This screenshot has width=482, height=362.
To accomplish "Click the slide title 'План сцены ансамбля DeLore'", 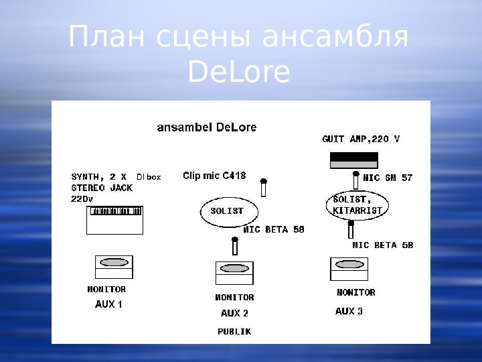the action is [x=238, y=54].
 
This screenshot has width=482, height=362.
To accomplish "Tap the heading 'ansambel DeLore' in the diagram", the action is [x=206, y=127].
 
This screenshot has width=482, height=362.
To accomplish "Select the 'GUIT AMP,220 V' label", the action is [x=361, y=139].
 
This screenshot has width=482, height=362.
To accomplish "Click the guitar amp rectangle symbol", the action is [x=353, y=160].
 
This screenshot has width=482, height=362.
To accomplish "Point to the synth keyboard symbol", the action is [x=114, y=220].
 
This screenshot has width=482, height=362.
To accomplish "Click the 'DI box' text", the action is [x=149, y=177].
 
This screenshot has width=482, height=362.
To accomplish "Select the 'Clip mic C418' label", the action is [x=214, y=176].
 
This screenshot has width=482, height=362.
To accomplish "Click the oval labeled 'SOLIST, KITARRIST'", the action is [x=357, y=204].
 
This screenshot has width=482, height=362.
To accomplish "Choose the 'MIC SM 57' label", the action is [x=388, y=178].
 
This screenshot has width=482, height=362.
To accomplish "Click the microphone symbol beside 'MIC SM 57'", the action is [x=356, y=179].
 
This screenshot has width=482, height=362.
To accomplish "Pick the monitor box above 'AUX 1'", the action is [x=114, y=267].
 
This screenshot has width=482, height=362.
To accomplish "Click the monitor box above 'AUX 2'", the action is [x=234, y=273].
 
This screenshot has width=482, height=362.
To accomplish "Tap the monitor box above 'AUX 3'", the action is [x=349, y=269].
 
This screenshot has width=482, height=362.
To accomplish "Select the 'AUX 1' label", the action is [x=108, y=304].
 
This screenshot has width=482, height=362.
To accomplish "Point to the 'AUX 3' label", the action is [x=349, y=311].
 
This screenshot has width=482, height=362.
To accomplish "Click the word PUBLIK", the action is [x=234, y=331].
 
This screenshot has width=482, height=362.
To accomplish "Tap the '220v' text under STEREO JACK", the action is [x=82, y=199].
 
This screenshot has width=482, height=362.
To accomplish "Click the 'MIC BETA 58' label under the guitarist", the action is [x=382, y=245].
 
